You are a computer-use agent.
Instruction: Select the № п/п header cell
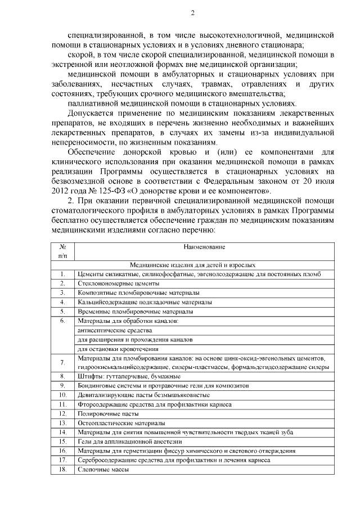[x=63, y=251]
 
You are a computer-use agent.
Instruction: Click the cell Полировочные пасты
[x=100, y=413]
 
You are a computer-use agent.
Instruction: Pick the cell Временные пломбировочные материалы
[x=135, y=311]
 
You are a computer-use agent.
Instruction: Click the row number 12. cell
[x=63, y=413]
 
